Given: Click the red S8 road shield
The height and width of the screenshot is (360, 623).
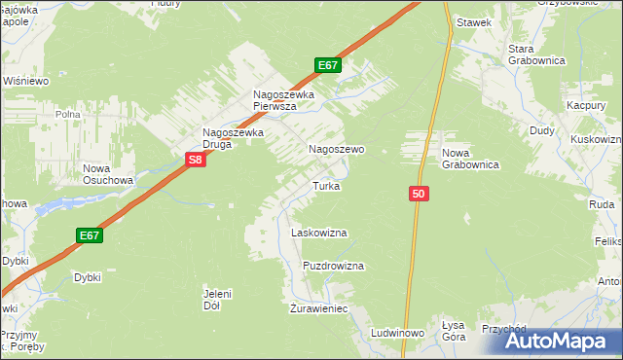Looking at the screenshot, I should click(x=195, y=160).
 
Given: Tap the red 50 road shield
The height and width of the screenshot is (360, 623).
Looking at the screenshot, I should click(x=419, y=195).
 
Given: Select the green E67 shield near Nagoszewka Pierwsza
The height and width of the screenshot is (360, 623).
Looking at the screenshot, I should click(x=328, y=65).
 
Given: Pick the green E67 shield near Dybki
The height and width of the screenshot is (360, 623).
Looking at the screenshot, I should click(x=90, y=235).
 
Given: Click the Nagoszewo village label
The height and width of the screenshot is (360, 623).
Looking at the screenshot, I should click(x=336, y=150).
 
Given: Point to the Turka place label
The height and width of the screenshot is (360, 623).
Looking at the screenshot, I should click(x=325, y=185).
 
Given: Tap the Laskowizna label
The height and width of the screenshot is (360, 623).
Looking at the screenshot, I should click(x=319, y=234).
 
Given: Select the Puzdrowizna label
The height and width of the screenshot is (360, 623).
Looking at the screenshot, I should click(x=333, y=266).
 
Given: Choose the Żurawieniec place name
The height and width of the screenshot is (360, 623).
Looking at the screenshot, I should click(x=319, y=308).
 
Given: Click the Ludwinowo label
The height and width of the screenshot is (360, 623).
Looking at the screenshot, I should click(x=397, y=333).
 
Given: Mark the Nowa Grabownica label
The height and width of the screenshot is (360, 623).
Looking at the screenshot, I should click(x=470, y=160).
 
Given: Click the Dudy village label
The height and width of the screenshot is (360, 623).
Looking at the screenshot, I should click(x=542, y=129).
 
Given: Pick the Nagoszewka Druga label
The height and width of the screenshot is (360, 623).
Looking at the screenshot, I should click(x=232, y=138).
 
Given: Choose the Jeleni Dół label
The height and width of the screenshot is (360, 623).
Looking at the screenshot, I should click(x=217, y=299).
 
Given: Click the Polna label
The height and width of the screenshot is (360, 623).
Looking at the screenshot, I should click(x=68, y=114).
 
